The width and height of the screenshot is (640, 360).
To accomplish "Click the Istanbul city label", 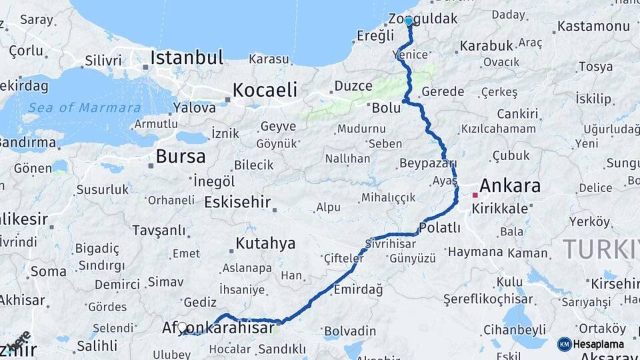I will click(187, 58).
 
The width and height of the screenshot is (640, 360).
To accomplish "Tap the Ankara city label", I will click(510, 185).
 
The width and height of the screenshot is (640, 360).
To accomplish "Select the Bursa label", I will click(181, 157).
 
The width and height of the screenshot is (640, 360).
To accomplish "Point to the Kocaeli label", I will click(265, 90).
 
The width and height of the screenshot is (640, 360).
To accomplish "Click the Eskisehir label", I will click(237, 201).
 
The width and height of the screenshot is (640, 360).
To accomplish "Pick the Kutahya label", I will click(265, 243).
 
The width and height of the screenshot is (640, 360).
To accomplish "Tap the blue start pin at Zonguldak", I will click(409, 21).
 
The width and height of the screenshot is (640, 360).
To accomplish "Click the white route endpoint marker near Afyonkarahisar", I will click(182, 327).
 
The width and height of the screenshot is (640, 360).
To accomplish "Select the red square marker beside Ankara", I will click(475, 195).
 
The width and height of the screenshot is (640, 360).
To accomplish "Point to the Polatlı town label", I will click(440, 228).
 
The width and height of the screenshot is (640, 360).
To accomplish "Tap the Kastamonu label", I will click(593, 27).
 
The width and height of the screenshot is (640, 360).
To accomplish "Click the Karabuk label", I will click(486, 45).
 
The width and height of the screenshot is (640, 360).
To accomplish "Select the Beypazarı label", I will click(427, 163).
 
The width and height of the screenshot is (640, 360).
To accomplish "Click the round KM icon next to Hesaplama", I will click(564, 344).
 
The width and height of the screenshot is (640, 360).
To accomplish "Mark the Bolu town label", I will click(387, 107).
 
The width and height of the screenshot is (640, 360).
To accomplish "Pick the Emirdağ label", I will click(359, 289).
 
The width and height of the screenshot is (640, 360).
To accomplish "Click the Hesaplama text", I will click(599, 344).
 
